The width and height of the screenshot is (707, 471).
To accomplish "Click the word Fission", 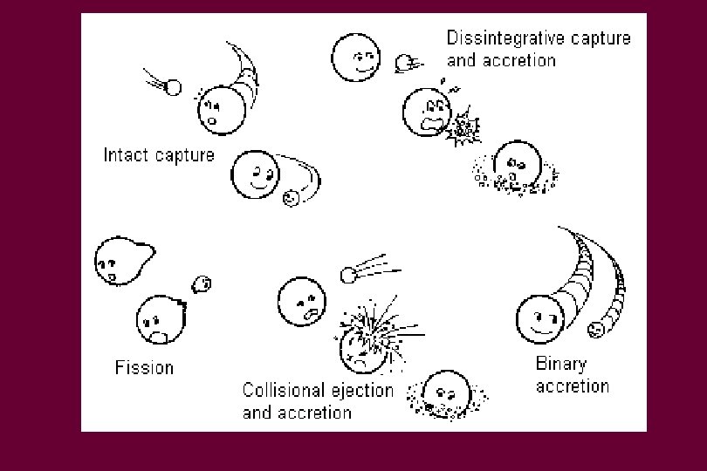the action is coord(144,367).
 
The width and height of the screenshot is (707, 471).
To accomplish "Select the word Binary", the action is coord(560,365).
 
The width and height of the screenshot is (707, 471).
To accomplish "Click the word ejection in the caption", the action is coord(360,391).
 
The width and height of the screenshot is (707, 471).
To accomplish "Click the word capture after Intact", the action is coord(184,155).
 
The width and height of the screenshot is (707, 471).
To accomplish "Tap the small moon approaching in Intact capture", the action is coord(173,87).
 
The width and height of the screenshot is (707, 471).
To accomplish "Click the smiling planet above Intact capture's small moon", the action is coord(254,174).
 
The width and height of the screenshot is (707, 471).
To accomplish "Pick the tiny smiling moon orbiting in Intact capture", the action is coord(291,199).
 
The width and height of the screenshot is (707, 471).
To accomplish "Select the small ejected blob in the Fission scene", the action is coord(202,283).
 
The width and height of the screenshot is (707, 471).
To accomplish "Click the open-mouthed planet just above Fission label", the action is coord(158,318).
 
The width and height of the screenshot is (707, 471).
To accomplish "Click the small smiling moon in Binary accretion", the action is coord(596,330).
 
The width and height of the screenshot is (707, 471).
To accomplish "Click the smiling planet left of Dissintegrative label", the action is coord(357,57).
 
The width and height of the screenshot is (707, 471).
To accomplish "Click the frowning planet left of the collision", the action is coord(302,302).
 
